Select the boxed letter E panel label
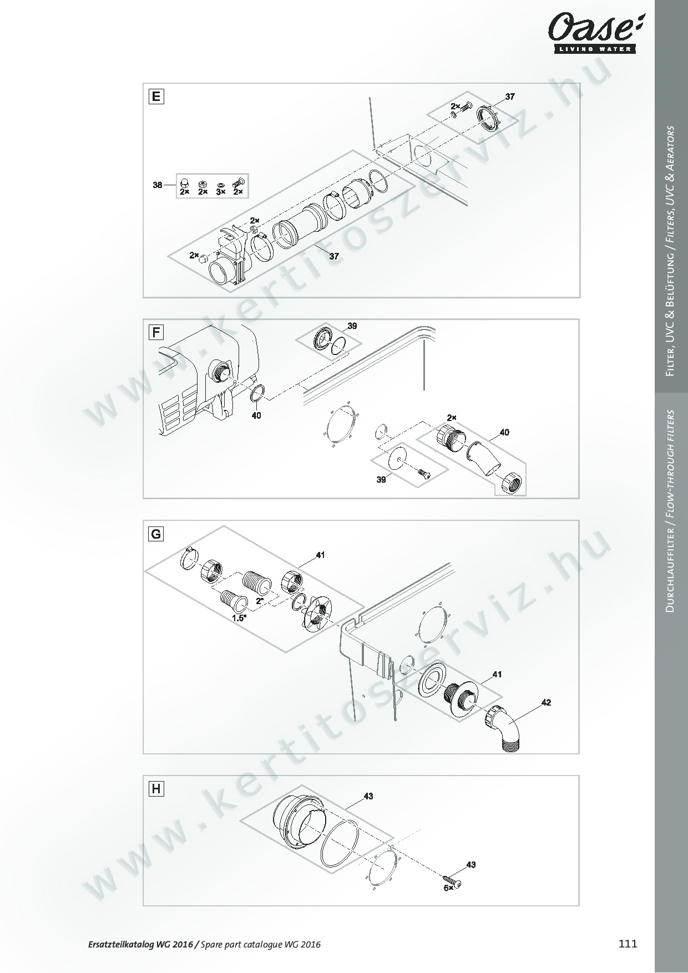(156, 97)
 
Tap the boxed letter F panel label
(156, 333)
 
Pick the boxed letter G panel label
(156, 534)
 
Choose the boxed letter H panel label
(156, 789)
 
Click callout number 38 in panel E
(158, 185)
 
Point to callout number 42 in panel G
(546, 702)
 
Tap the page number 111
(628, 944)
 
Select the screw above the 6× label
(453, 879)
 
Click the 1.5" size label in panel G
(239, 617)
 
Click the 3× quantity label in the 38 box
(221, 191)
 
